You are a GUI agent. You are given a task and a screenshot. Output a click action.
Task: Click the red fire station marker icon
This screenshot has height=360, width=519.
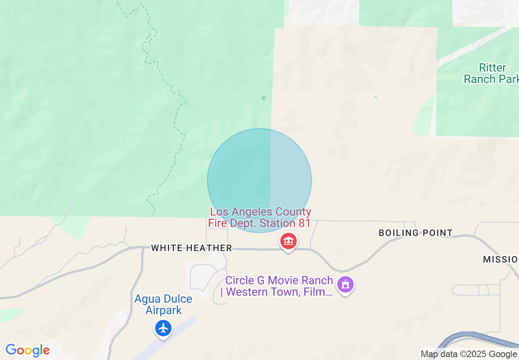[289, 241]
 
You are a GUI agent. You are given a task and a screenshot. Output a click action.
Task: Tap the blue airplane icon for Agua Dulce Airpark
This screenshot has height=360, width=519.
[163, 328]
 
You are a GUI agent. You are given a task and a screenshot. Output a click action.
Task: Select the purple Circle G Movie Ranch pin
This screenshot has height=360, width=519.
[345, 284]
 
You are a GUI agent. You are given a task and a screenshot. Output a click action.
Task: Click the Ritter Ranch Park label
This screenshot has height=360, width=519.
[491, 73]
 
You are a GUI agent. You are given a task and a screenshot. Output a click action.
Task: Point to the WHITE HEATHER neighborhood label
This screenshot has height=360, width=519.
[192, 248]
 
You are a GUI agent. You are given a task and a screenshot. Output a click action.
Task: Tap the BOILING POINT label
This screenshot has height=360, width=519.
[415, 233]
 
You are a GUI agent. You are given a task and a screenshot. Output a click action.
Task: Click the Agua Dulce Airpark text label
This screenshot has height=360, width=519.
[163, 304]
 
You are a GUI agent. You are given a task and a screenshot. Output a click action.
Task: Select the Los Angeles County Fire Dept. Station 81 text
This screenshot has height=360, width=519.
[260, 218]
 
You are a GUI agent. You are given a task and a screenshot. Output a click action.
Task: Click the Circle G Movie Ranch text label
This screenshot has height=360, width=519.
[279, 286]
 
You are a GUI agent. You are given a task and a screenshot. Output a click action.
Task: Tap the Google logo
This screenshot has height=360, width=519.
[27, 350]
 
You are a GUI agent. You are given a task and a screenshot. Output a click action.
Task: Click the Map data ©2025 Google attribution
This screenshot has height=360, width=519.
[469, 354]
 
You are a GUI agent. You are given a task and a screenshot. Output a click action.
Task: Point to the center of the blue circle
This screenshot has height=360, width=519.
[259, 180]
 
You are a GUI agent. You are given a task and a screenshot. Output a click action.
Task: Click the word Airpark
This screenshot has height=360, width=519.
[164, 310]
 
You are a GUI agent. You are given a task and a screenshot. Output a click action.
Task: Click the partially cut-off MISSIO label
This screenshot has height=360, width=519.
[500, 259]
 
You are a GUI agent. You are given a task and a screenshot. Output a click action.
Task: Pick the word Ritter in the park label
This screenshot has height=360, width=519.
[492, 67]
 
